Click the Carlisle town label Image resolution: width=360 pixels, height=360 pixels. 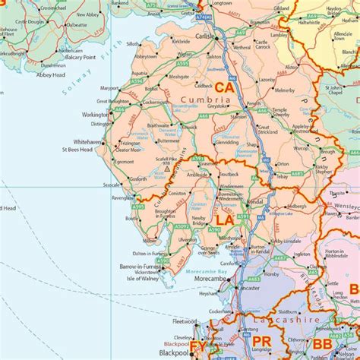pyautogui.click(x=203, y=36)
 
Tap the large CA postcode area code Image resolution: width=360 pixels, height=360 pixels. pyautogui.click(x=223, y=88)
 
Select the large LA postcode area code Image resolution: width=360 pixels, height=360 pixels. pyautogui.click(x=224, y=219)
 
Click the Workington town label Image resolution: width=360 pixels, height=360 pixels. pyautogui.click(x=95, y=115)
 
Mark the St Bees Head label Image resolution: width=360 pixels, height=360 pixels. pyautogui.click(x=77, y=150)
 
